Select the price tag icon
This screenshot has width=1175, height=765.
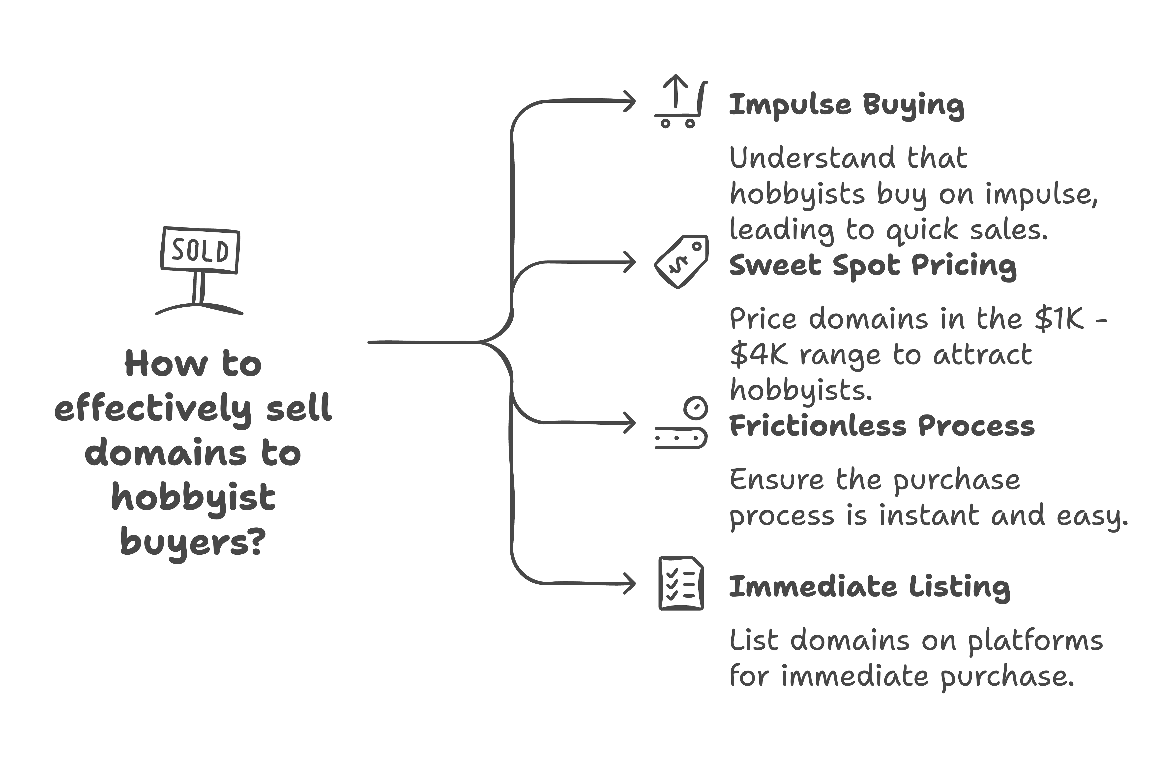[x=681, y=262]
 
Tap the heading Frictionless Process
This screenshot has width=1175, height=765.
[x=882, y=426]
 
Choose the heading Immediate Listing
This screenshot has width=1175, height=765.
[x=869, y=588]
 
